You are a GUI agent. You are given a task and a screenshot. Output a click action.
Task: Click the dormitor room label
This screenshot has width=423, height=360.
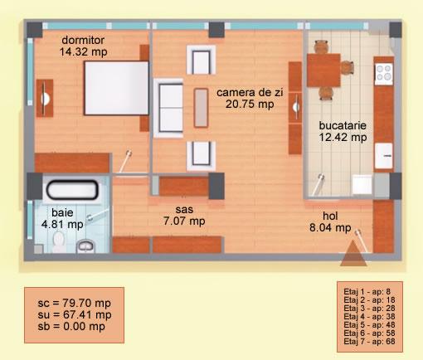coord(83,41)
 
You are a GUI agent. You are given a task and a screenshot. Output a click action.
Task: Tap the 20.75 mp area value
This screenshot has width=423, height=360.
coord(250,105)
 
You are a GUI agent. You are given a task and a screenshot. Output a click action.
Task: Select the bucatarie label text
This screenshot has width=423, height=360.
coord(343,125)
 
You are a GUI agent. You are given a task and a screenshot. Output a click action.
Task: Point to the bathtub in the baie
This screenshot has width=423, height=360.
coord(72,190)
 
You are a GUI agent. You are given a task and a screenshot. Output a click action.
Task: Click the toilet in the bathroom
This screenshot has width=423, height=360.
coord(59,242)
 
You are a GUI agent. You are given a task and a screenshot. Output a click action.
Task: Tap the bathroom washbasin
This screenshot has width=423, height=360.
coord(85,246)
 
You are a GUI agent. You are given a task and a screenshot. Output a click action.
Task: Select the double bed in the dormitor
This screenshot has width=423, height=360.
coord(116,88)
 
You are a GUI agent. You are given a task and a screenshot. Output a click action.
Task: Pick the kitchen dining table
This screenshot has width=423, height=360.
coord(323,71)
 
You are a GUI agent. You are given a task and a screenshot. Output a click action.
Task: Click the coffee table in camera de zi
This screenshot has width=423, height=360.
coord(201,108)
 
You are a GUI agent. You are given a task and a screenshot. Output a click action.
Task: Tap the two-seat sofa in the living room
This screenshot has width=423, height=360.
coord(168,108)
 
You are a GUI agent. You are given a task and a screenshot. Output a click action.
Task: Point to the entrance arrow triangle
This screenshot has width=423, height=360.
coord(353,253)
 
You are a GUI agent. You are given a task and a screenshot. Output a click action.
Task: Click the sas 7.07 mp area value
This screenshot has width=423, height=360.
coord(184,221)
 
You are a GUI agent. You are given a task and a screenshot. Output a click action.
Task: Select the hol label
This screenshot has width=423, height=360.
coord(330,216)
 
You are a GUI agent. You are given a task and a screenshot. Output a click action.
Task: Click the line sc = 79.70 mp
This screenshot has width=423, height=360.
coord(75,303)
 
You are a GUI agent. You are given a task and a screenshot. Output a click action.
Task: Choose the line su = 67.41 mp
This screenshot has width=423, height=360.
coord(75,314)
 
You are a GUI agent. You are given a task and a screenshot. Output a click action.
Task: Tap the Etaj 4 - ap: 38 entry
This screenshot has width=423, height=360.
coord(369,317)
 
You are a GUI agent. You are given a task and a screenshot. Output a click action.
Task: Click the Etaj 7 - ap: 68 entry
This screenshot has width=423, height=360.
coord(369,342)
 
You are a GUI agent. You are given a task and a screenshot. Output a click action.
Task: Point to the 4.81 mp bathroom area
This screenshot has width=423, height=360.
coord(62,224)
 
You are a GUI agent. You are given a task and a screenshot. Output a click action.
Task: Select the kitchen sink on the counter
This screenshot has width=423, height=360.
coord(383,156)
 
